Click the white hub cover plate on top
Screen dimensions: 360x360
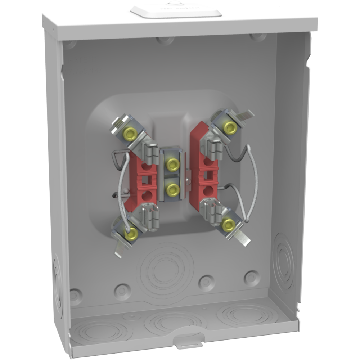coord(175,11)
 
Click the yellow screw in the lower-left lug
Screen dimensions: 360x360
coord(131,235)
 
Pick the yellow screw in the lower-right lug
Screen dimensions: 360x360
coord(228,225)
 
